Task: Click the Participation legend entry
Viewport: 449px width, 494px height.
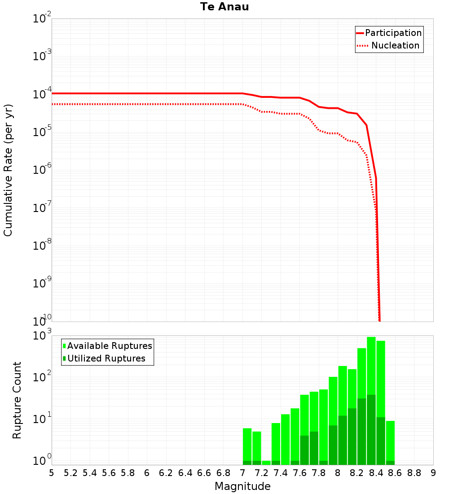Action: (x=393, y=33)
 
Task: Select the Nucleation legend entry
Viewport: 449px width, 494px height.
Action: (x=395, y=45)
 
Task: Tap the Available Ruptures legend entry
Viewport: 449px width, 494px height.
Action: (x=110, y=346)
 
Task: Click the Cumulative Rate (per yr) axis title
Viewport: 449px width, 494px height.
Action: (x=8, y=170)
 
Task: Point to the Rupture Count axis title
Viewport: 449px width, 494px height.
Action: (x=17, y=400)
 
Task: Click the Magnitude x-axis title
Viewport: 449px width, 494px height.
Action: (x=242, y=486)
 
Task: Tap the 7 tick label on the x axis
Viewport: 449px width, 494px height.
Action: (x=242, y=473)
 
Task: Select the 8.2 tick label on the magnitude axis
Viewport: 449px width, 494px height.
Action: (x=357, y=473)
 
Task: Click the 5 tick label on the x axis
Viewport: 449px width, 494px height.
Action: (x=52, y=473)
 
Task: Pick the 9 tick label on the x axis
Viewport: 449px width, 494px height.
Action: (x=433, y=473)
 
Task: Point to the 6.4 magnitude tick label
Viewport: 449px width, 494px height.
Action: (x=185, y=473)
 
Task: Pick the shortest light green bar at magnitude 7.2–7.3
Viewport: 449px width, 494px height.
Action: (x=266, y=463)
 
